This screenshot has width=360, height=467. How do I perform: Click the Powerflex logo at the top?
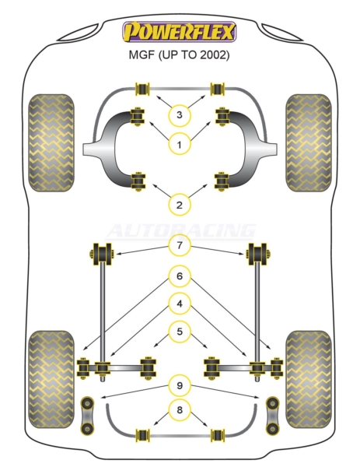(x=180, y=32)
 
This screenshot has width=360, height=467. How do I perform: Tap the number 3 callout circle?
(x=179, y=114)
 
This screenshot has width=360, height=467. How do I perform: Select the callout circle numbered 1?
(x=179, y=145)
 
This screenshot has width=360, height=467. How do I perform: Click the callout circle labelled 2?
(x=179, y=205)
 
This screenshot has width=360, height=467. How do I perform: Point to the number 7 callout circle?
(x=180, y=246)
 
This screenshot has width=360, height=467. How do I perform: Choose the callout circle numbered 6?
(x=180, y=276)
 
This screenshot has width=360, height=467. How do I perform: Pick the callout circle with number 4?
(x=180, y=304)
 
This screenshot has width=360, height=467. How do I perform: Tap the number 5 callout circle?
(x=180, y=332)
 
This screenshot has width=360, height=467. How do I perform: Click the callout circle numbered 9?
(x=180, y=386)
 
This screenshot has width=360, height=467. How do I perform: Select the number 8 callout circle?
(x=180, y=410)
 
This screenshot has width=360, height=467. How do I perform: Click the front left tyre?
(x=51, y=142)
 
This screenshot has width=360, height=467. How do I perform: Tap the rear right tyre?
(x=308, y=379)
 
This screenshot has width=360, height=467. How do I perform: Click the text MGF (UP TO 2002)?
(x=179, y=54)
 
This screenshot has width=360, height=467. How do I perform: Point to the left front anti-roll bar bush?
(x=142, y=89)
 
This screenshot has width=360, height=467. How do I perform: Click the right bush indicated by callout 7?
(x=258, y=254)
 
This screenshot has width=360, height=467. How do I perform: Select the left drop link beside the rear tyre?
(x=87, y=415)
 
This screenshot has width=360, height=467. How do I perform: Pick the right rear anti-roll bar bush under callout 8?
(x=218, y=435)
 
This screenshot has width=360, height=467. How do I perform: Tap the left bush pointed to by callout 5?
(x=148, y=368)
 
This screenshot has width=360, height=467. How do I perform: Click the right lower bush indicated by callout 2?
(x=222, y=181)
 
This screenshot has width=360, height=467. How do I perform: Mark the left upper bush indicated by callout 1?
(x=138, y=117)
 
